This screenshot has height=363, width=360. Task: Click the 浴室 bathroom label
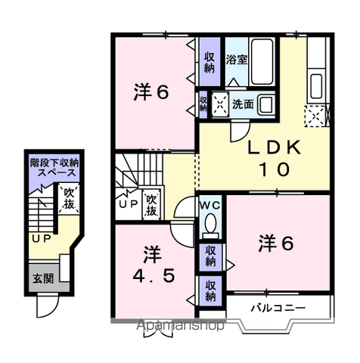[x=237, y=60]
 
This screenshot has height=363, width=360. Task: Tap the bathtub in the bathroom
[x=262, y=62]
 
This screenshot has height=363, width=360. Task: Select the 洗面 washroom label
[x=243, y=104]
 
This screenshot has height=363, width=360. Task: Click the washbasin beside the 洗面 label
[x=266, y=104]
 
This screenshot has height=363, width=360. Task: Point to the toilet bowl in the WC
[x=210, y=223]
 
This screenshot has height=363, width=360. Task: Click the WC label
[x=209, y=205]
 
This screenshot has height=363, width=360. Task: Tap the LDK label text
[x=275, y=147]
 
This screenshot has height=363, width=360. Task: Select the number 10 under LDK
[x=274, y=169]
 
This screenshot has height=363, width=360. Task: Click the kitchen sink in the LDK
[x=316, y=86]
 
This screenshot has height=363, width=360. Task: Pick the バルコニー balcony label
[x=278, y=308]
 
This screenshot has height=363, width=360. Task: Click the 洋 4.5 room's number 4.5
[x=154, y=276]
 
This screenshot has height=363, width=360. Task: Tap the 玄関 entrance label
[x=43, y=279]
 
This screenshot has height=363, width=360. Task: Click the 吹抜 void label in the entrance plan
[x=69, y=198]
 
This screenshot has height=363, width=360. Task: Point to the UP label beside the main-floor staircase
[x=129, y=203]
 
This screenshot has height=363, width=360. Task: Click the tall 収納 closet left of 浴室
[x=209, y=62]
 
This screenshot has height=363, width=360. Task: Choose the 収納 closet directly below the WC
[x=211, y=258]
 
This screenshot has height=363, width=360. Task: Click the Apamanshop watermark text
[x=180, y=325]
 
